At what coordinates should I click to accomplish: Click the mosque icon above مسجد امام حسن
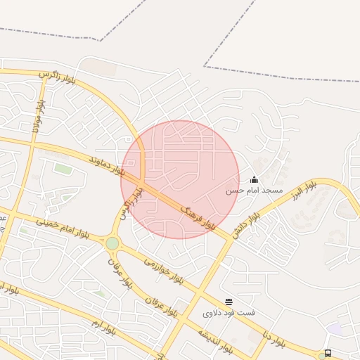point(254,179)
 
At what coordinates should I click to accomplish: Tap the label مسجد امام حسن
point(254,191)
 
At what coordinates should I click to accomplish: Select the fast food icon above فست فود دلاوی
point(229,302)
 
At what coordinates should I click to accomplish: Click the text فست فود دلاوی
point(229,312)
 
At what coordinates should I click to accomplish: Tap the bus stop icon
point(328,353)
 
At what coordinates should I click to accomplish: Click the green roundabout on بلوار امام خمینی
point(112,243)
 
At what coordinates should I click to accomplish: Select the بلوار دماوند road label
point(107,167)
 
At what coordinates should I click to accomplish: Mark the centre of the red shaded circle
point(180,179)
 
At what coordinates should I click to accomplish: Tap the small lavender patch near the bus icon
point(334,328)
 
